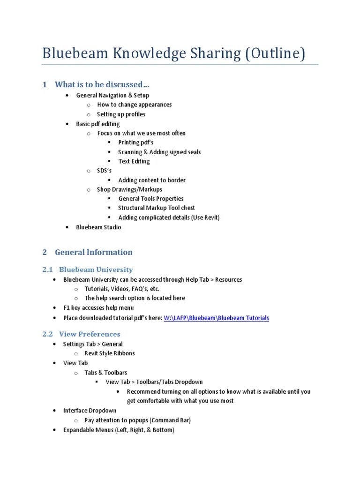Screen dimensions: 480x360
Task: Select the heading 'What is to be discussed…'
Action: [102, 85]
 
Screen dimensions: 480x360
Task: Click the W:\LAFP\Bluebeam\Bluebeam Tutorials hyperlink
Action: [216, 318]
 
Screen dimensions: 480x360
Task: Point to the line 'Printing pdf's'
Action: [136, 142]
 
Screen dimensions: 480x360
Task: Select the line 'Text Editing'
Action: [134, 161]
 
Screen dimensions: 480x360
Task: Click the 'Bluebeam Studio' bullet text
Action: [98, 227]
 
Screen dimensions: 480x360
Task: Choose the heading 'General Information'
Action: [94, 252]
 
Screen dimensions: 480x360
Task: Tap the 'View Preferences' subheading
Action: [90, 334]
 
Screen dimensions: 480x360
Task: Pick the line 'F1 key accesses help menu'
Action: [98, 308]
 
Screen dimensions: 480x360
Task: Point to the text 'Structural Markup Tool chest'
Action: [157, 208]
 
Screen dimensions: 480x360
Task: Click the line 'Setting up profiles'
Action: [121, 114]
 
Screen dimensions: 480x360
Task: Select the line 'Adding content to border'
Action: [152, 180]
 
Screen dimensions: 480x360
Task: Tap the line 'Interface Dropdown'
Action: [90, 411]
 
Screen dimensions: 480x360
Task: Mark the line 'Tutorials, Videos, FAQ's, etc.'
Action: [122, 289]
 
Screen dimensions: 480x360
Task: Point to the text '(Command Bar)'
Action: [170, 420]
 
